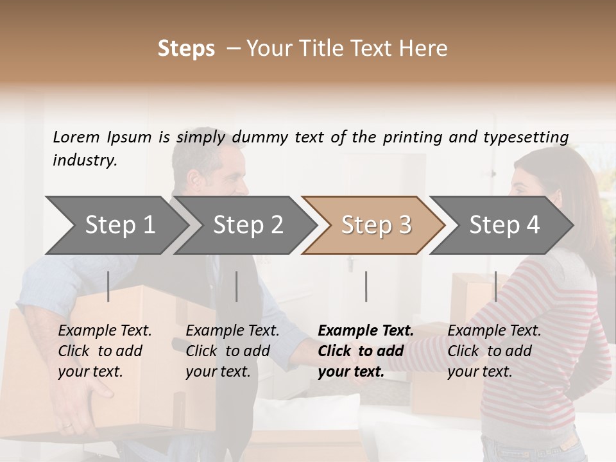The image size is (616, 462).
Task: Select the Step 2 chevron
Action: tap(247, 225)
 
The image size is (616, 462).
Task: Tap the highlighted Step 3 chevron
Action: tap(375, 225)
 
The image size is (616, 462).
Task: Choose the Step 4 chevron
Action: tap(504, 225)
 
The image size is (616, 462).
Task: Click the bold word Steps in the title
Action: tap(186, 49)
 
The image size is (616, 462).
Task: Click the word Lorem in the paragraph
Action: tap(76, 137)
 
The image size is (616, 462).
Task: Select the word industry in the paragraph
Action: tap(84, 160)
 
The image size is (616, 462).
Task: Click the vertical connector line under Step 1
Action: tap(108, 286)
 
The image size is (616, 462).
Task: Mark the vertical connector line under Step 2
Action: tap(236, 286)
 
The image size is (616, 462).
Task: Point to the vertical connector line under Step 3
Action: tap(366, 286)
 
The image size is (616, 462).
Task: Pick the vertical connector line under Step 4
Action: tap(495, 286)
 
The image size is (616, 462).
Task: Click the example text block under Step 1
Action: tap(105, 351)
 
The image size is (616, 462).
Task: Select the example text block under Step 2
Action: tap(232, 351)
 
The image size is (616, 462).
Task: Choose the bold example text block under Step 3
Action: tap(366, 351)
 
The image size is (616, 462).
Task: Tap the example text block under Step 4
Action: tap(494, 351)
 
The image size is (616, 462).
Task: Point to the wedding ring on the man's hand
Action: tap(67, 425)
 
